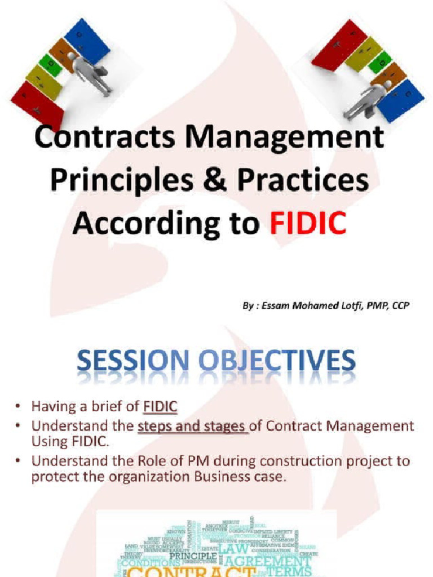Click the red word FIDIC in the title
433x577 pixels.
tap(305, 223)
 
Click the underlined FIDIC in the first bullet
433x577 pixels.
tap(160, 406)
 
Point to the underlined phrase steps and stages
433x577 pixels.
tap(192, 426)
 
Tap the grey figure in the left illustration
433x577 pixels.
tap(90, 73)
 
